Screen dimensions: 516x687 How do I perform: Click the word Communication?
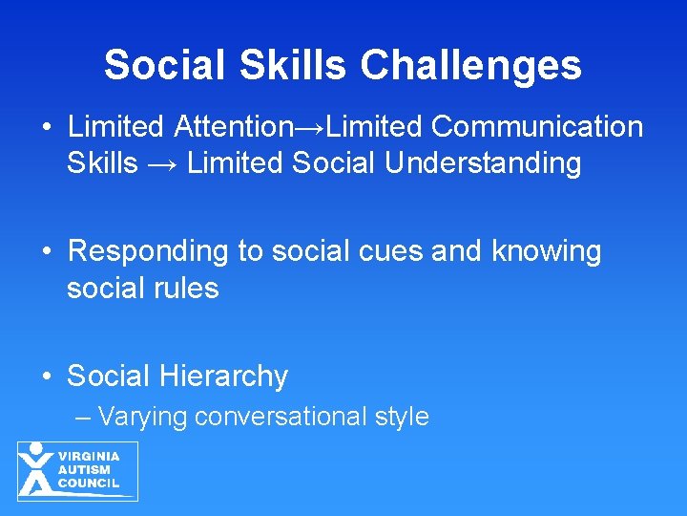tap(537, 126)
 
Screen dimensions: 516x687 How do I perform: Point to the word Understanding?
tap(484, 163)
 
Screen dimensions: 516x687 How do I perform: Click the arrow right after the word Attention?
tap(315, 127)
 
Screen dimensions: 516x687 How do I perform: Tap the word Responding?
tap(149, 251)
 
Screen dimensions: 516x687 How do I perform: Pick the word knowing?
tap(546, 251)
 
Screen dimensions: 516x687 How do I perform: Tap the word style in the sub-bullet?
tap(402, 417)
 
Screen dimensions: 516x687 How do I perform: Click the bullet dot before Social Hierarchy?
tap(47, 376)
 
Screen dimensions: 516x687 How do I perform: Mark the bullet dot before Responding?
tap(47, 251)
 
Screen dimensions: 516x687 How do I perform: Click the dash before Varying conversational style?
tap(84, 418)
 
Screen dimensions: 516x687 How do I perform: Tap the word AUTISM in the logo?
tap(84, 470)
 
